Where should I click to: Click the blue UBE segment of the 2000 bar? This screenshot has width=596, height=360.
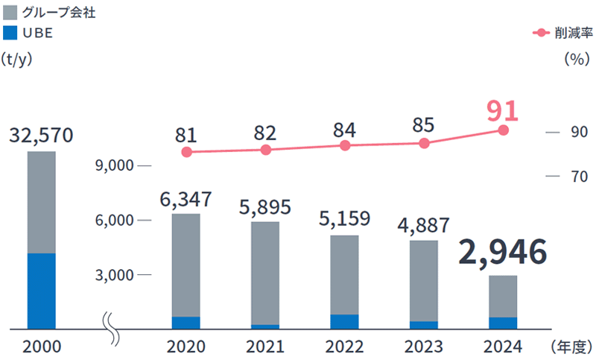(x=41, y=291)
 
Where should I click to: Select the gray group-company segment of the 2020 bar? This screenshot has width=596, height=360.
(x=186, y=265)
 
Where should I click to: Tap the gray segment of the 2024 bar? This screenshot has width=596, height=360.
(x=503, y=296)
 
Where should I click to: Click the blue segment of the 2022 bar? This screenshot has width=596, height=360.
(x=344, y=321)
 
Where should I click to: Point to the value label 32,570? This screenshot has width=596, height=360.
(x=42, y=136)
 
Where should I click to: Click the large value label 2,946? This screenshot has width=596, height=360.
(x=503, y=253)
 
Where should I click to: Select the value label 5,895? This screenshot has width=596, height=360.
(x=265, y=206)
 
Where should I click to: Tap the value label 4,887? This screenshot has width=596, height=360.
(x=424, y=224)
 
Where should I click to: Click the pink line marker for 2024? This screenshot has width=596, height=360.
(x=503, y=130)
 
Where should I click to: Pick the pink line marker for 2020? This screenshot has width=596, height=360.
(x=186, y=152)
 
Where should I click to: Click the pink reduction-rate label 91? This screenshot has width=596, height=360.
(x=502, y=110)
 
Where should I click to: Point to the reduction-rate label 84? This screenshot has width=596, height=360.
(x=344, y=130)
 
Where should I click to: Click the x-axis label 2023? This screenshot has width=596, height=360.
(x=423, y=347)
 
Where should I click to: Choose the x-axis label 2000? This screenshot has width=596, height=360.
(x=42, y=347)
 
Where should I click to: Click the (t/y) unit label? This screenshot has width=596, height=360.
(x=19, y=59)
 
